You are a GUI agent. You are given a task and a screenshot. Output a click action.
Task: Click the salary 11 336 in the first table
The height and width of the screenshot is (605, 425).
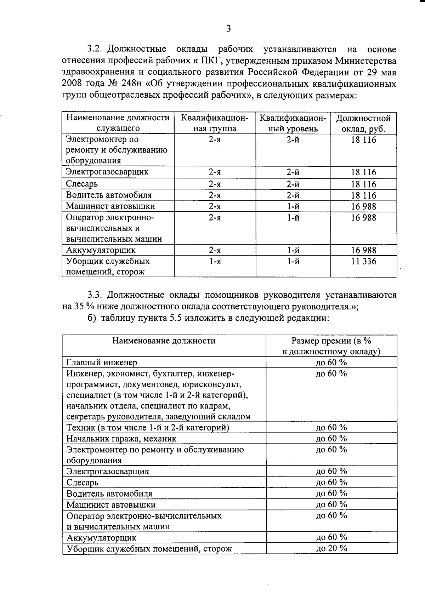pos(363,261)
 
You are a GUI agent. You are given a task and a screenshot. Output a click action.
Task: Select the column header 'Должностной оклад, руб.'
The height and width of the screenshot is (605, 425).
pos(363,123)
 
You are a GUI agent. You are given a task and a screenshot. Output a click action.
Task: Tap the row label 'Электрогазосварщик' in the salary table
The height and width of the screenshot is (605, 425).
pos(107,172)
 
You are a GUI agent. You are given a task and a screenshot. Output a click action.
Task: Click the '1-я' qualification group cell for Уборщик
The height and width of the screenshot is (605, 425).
pos(215,261)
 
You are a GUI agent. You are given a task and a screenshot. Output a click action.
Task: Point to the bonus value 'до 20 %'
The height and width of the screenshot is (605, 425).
pos(331,548)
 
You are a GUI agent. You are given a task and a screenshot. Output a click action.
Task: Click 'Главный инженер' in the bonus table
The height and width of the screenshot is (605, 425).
pos(102,363)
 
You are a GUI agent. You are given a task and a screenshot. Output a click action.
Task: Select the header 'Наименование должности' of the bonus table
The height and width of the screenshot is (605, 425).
pos(164,341)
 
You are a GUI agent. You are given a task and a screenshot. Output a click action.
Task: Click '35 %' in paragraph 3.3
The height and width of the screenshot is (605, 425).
pos(83,306)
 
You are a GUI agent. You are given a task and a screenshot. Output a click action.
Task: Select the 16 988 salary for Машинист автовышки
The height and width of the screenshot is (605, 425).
pos(363,206)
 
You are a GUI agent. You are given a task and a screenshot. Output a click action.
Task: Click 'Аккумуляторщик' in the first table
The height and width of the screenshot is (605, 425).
pos(101,250)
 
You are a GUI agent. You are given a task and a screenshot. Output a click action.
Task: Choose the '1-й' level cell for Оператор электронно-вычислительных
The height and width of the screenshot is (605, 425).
pos(293,218)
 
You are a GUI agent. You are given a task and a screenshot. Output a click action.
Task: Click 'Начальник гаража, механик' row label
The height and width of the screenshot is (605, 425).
pos(121,439)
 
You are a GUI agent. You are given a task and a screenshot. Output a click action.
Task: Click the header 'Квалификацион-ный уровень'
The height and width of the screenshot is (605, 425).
pos(293,123)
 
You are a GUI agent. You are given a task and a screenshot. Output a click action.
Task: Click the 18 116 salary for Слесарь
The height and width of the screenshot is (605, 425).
pos(363,184)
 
